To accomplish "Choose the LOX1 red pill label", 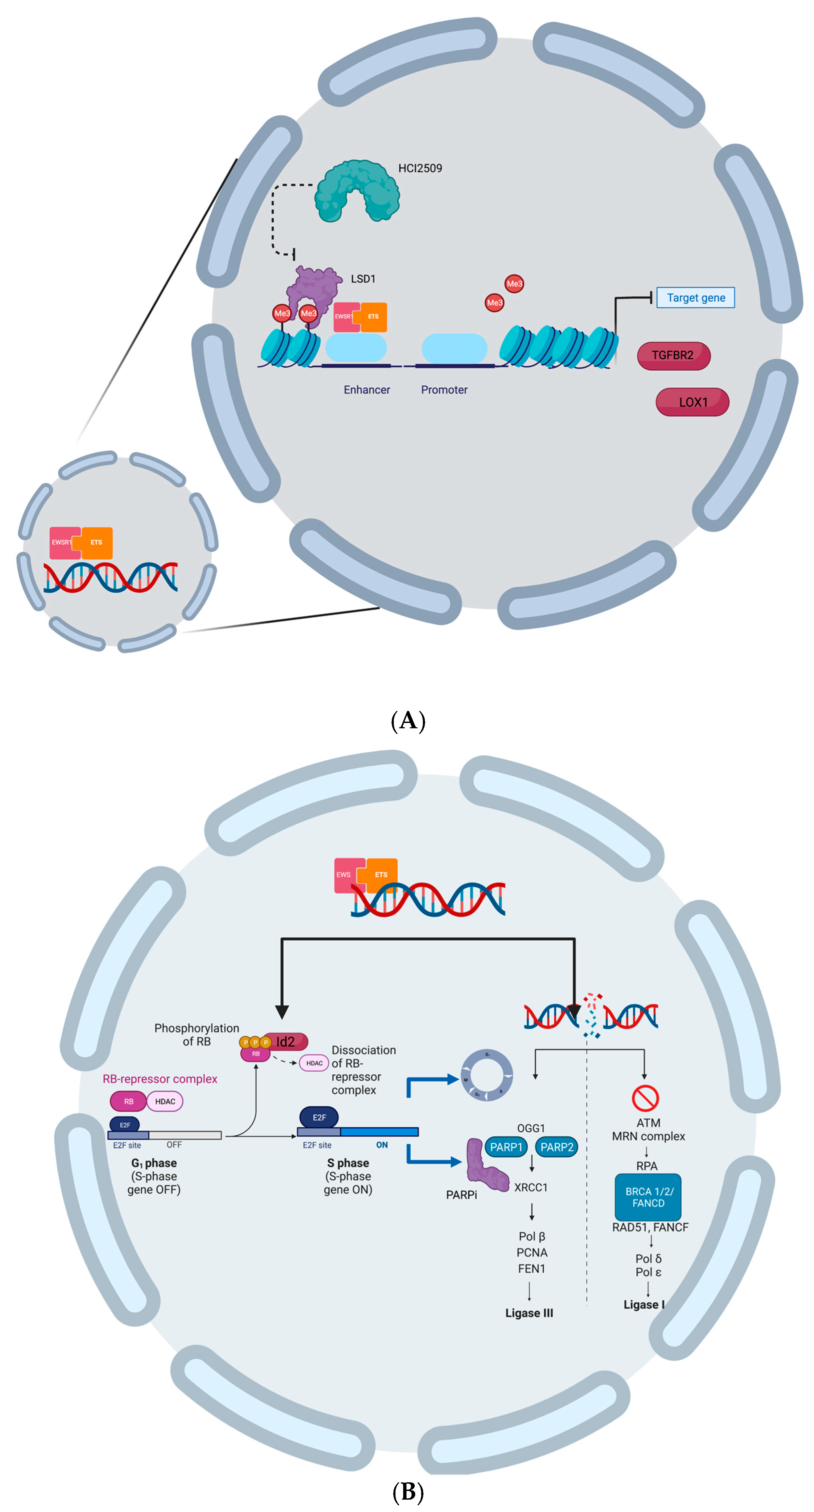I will coord(692,402).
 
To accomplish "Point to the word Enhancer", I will coord(366,390).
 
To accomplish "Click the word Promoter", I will coord(444,390).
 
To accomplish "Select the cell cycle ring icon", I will coord(486,1075).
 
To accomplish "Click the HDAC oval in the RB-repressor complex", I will coord(165,1102).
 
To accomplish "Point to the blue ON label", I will coord(382,1145).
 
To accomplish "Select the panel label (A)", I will coord(408,721).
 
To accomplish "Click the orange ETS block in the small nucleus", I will coord(96,542).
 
